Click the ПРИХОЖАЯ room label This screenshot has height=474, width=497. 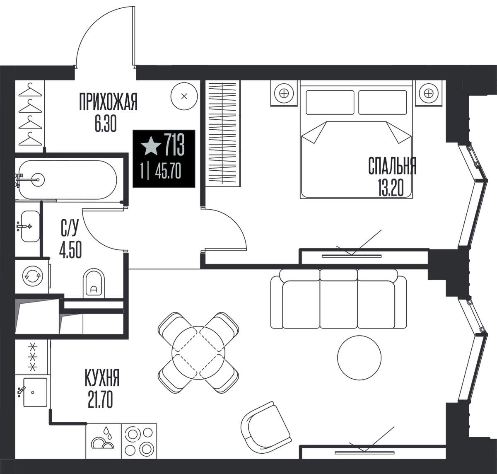point(108,102)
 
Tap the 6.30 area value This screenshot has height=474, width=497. point(106,124)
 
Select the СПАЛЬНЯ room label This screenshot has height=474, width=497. point(392,166)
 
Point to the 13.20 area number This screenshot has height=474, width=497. point(391,188)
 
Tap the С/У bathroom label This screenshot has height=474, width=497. point(70,227)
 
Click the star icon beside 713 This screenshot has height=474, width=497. point(151,146)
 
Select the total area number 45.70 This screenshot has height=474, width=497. point(168,172)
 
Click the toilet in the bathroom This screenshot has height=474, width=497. point(94,283)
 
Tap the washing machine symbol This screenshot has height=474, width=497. point(32,276)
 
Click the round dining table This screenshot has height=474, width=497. point(198,353)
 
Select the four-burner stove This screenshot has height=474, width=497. point(139,444)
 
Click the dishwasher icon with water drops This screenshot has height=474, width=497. point(104,444)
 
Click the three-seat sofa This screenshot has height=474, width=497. point(338,298)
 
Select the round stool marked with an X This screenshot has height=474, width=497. point(184,96)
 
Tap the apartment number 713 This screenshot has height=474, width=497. point(174,145)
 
